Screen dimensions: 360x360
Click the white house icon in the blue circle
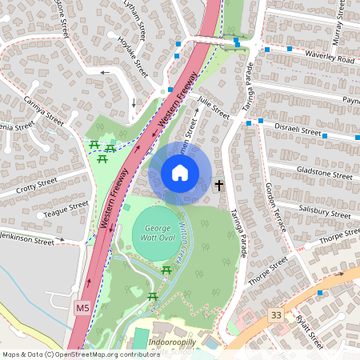pos(180,173)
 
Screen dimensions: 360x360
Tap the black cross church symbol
pos(219,185)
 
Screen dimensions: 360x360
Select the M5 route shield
pos(82,307)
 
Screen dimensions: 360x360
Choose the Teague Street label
pos(66,209)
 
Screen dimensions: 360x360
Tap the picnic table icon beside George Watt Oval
pos(167,271)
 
